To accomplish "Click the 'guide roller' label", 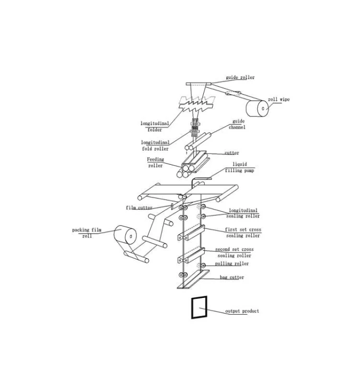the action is (240, 77).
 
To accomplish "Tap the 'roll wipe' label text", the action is (278, 99).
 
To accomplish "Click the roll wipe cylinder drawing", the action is (257, 108).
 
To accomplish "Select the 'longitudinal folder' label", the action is (155, 126).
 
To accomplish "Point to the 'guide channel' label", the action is (237, 124).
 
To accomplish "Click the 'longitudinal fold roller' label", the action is (155, 145).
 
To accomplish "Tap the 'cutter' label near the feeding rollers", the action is (232, 153).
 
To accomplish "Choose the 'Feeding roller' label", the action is (155, 162).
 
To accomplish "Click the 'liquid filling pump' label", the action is (239, 167).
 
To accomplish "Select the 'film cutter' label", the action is (139, 207).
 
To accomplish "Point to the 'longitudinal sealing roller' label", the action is (243, 213).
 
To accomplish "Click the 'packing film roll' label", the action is (87, 233).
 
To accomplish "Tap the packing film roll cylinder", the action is (125, 235).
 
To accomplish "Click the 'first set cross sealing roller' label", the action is (243, 233).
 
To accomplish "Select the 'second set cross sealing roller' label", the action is (234, 252).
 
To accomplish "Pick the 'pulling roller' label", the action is (232, 263).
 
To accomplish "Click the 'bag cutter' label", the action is (232, 277).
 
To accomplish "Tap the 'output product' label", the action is (242, 311).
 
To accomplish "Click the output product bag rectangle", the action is (192, 307).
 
